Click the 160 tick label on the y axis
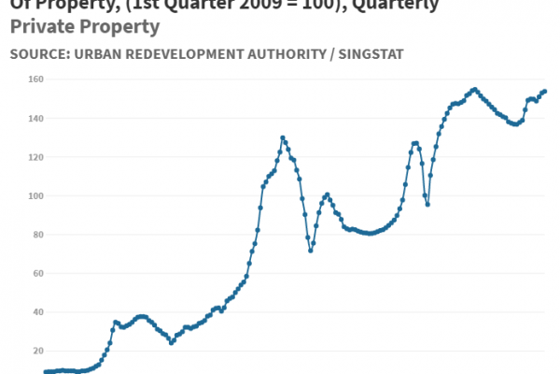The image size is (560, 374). coord(21,79)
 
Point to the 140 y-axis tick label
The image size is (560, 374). coord(21,119)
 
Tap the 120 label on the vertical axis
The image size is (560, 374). coord(21,157)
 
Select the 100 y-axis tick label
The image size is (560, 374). coord(21,196)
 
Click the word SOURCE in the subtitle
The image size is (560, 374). coord(40,55)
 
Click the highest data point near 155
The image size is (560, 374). coord(474,90)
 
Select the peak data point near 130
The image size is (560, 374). coord(283,137)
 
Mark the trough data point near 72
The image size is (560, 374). coord(311,250)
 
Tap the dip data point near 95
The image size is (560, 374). coord(427,204)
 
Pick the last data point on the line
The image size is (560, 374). coord(545,91)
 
